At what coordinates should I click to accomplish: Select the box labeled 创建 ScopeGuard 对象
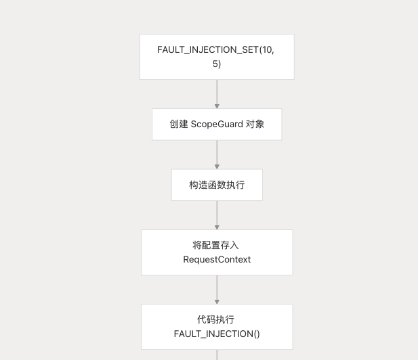(x=217, y=125)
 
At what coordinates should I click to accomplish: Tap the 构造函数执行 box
(x=217, y=185)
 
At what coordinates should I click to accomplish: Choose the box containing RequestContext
(x=217, y=252)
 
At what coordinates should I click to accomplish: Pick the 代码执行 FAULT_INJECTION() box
(x=217, y=326)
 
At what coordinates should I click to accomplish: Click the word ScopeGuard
(x=216, y=125)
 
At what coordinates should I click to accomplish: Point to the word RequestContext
(x=217, y=259)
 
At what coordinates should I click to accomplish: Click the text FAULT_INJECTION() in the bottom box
(x=217, y=334)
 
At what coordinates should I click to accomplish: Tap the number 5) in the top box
(x=217, y=64)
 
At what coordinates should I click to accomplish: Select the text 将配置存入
(x=217, y=245)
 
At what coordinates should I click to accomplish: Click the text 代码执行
(x=217, y=319)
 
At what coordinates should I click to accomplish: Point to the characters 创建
(x=179, y=125)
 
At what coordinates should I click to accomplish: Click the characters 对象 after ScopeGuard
(x=254, y=125)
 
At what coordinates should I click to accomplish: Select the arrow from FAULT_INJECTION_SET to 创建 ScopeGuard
(x=217, y=93)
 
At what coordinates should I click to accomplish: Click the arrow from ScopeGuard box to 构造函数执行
(x=217, y=154)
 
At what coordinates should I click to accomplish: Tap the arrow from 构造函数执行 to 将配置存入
(x=217, y=215)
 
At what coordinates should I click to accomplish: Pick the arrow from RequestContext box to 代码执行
(x=217, y=289)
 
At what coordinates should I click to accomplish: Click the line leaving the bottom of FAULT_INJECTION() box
(x=217, y=355)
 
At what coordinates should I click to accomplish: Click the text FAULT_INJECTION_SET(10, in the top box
(x=217, y=49)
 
